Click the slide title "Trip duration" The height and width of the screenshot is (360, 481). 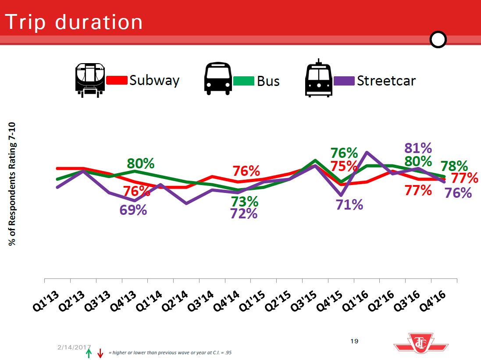click(x=74, y=21)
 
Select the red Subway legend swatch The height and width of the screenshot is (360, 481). click(x=117, y=81)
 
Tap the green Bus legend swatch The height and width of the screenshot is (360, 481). click(x=243, y=81)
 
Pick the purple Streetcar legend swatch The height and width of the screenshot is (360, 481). click(x=344, y=81)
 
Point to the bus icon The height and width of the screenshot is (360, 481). click(x=218, y=79)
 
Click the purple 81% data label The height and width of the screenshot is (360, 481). click(x=418, y=148)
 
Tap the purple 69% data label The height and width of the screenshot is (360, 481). click(x=133, y=210)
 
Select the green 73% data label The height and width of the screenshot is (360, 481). click(x=244, y=202)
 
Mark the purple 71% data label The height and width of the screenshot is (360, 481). click(x=349, y=204)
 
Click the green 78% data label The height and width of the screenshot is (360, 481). click(x=454, y=166)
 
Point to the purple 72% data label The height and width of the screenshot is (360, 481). click(x=243, y=214)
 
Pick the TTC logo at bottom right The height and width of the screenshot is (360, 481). click(x=421, y=342)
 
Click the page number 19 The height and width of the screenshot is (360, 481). click(x=355, y=341)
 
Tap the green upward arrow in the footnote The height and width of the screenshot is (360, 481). click(x=89, y=353)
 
